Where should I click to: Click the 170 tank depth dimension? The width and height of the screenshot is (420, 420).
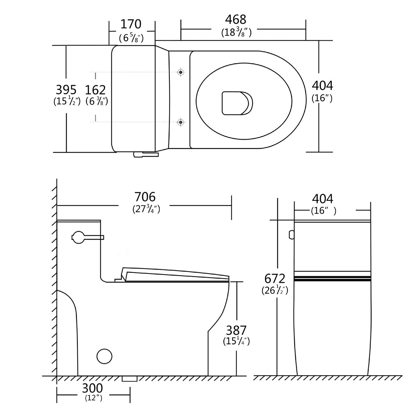pyautogui.click(x=131, y=24)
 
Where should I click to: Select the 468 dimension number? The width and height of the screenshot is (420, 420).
pyautogui.click(x=236, y=19)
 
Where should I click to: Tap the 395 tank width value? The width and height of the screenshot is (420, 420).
pyautogui.click(x=66, y=90)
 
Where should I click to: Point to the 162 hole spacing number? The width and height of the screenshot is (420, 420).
pyautogui.click(x=95, y=90)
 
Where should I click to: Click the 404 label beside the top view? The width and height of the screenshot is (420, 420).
pyautogui.click(x=322, y=85)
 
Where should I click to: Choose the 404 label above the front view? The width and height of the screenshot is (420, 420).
pyautogui.click(x=322, y=199)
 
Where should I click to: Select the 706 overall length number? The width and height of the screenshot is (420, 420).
pyautogui.click(x=145, y=197)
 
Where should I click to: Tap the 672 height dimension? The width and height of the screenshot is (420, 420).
pyautogui.click(x=275, y=279)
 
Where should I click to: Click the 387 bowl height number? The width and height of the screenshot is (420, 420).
pyautogui.click(x=236, y=330)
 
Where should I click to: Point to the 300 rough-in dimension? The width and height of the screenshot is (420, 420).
pyautogui.click(x=92, y=388)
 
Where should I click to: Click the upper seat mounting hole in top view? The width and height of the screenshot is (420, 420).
pyautogui.click(x=181, y=72)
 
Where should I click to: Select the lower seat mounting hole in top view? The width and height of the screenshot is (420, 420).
pyautogui.click(x=181, y=122)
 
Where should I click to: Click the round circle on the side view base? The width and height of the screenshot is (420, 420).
pyautogui.click(x=104, y=357)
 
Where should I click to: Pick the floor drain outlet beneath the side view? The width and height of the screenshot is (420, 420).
pyautogui.click(x=129, y=379)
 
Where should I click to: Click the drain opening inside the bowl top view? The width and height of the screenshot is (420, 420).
pyautogui.click(x=236, y=103)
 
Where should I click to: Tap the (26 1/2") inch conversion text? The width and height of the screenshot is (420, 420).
pyautogui.click(x=275, y=290)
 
